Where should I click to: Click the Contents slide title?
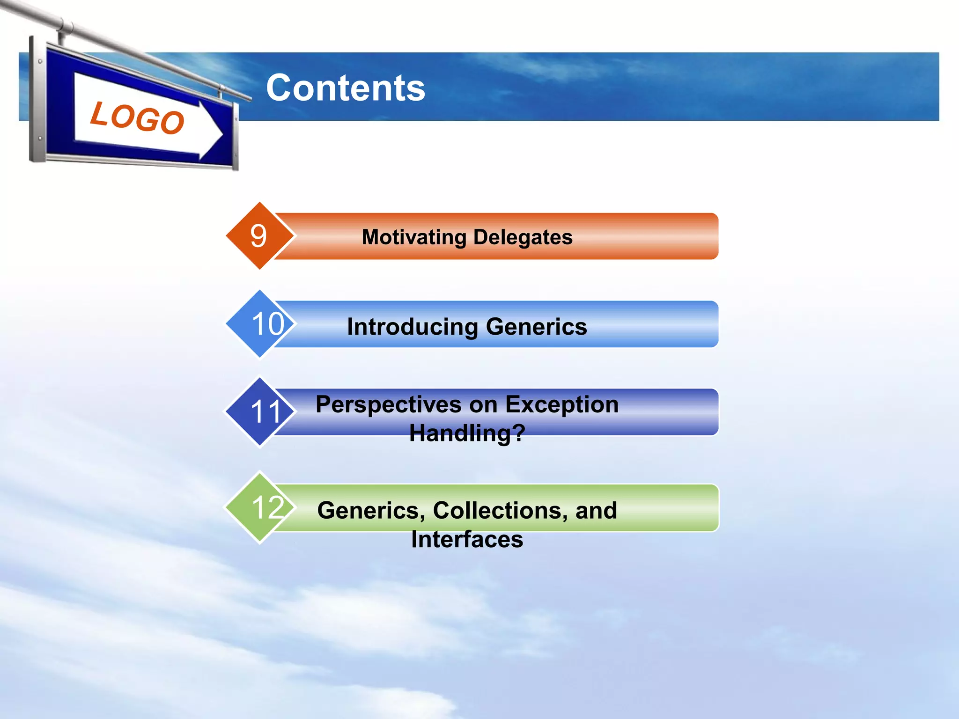(346, 88)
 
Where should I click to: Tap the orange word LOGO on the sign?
(137, 118)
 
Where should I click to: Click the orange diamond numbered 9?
(259, 235)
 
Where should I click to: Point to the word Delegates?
(523, 237)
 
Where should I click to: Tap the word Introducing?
(412, 327)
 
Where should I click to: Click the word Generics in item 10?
(536, 327)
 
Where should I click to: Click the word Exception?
(562, 404)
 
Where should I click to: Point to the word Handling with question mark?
(467, 433)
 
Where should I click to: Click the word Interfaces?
(467, 539)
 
